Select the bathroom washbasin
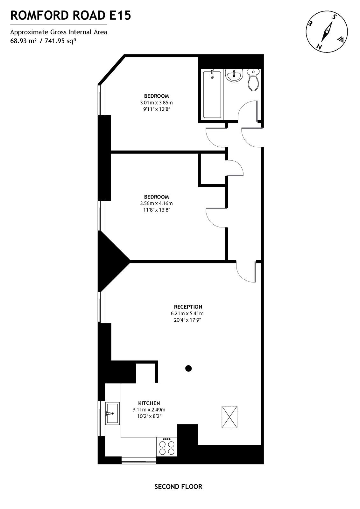point(234,75)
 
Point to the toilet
point(253,80)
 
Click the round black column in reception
point(188,368)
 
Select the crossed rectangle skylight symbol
point(229,417)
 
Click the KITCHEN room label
point(149,403)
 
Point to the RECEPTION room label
point(188,307)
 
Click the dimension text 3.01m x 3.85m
point(156,102)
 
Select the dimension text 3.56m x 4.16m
point(156,203)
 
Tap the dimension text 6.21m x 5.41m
point(187,313)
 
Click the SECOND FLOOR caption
point(178,486)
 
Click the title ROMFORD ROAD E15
point(71,15)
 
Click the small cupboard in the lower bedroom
point(213,169)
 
